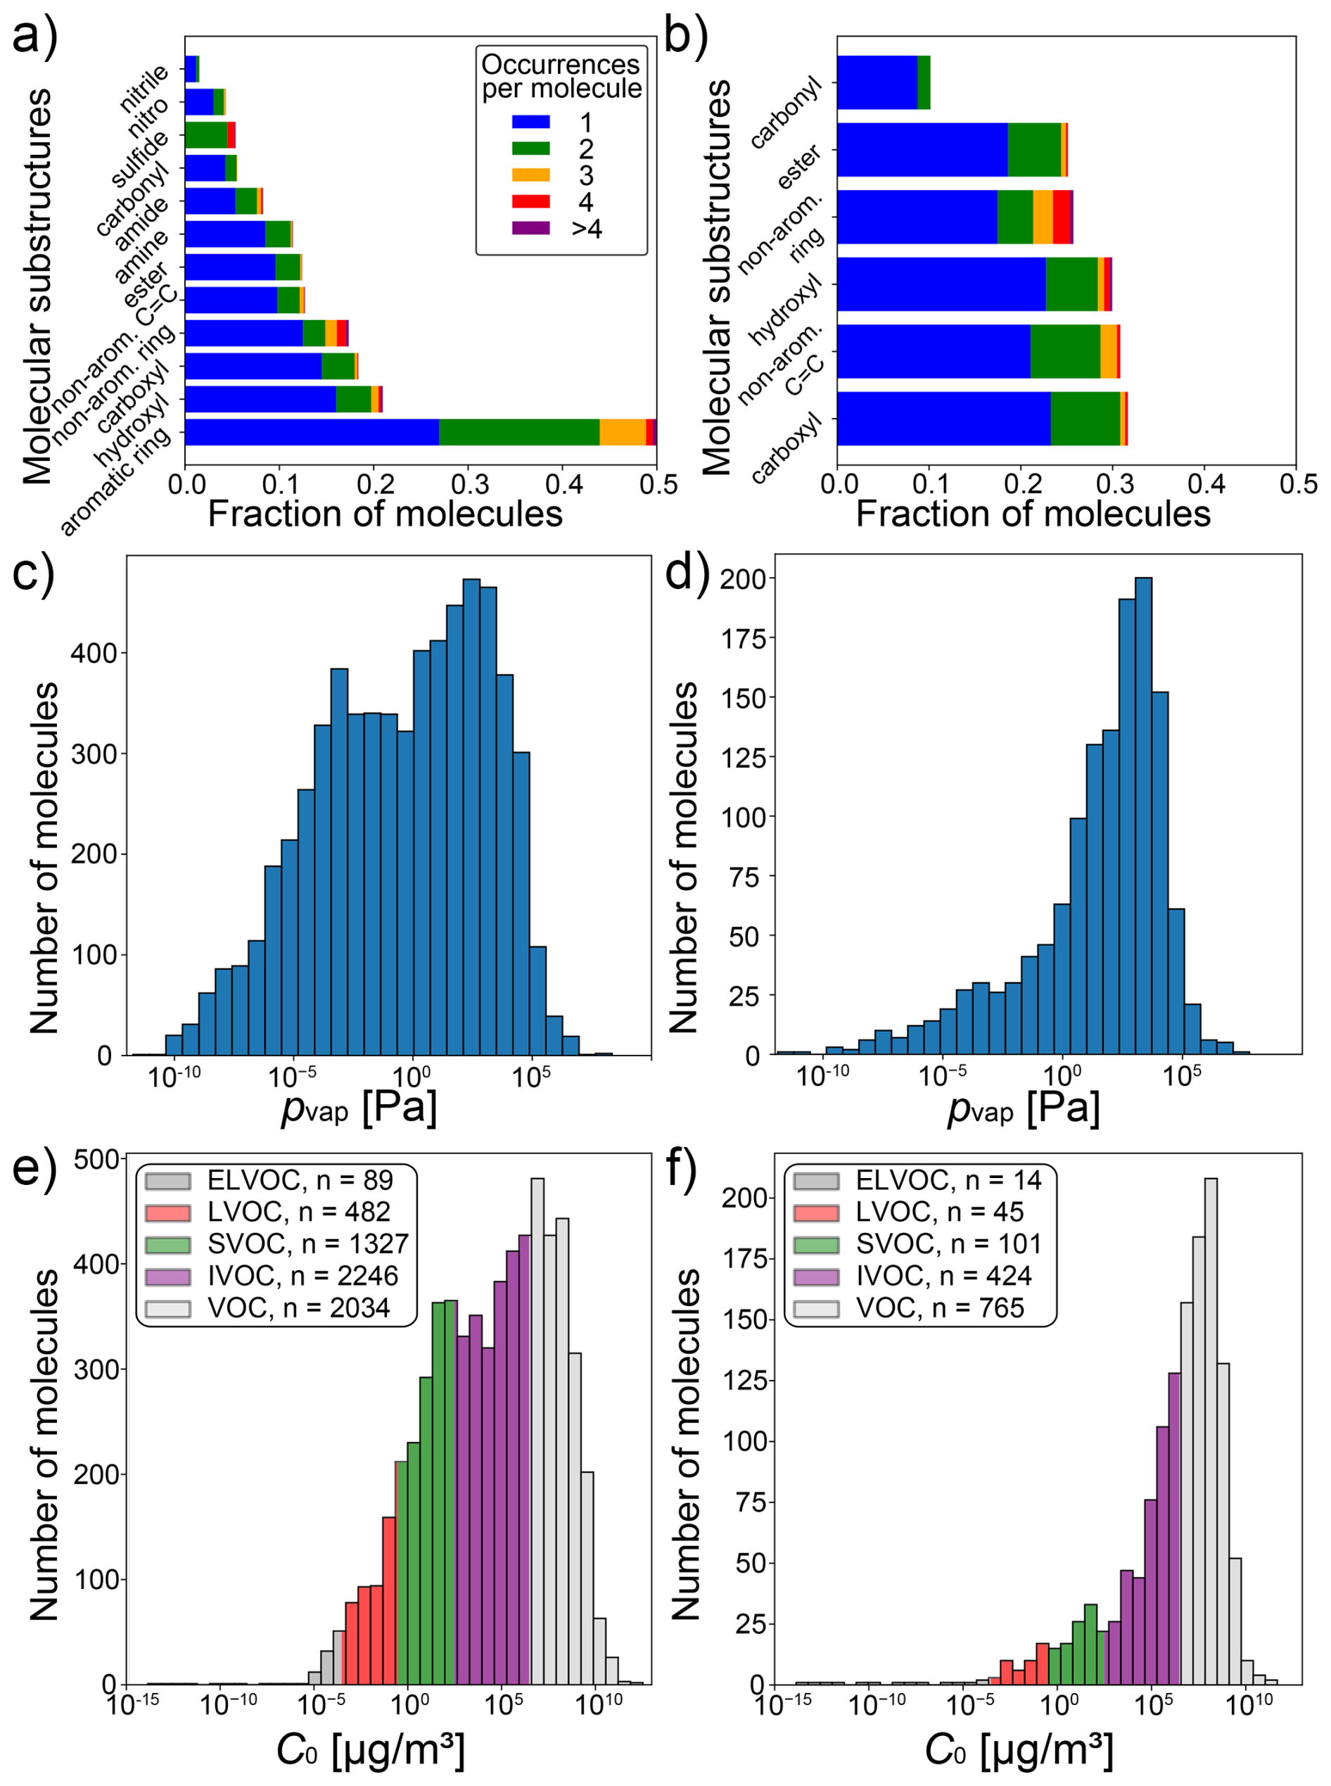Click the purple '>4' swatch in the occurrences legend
[530, 228]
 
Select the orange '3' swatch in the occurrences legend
[530, 175]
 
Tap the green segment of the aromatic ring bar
[519, 432]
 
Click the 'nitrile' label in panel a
[145, 89]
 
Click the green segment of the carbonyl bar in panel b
[924, 82]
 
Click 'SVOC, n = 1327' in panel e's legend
[307, 1243]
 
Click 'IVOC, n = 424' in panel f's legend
[943, 1275]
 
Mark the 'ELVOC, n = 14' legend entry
[948, 1180]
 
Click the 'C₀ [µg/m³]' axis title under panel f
[1019, 1749]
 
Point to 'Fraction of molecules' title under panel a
[385, 514]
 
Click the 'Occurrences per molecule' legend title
[561, 77]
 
